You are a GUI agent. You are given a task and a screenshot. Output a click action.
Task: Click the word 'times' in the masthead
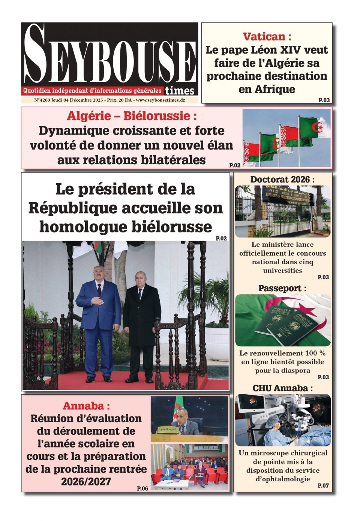tap(180, 91)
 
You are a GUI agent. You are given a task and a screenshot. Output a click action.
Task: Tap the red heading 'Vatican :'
tap(267, 37)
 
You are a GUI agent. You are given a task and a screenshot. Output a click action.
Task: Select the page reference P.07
tap(323, 485)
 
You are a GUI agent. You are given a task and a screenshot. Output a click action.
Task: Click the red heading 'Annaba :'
tap(86, 406)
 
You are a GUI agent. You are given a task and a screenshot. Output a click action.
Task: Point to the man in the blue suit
tap(99, 319)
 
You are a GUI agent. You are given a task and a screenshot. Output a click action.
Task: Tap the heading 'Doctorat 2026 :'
tap(282, 180)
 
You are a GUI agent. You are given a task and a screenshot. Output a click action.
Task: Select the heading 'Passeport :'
tap(282, 288)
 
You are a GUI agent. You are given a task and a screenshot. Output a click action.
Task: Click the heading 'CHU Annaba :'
tap(282, 388)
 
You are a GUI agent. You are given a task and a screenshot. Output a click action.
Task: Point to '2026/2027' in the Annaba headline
tap(86, 481)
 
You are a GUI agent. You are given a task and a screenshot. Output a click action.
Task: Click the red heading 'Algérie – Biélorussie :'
tap(132, 116)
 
